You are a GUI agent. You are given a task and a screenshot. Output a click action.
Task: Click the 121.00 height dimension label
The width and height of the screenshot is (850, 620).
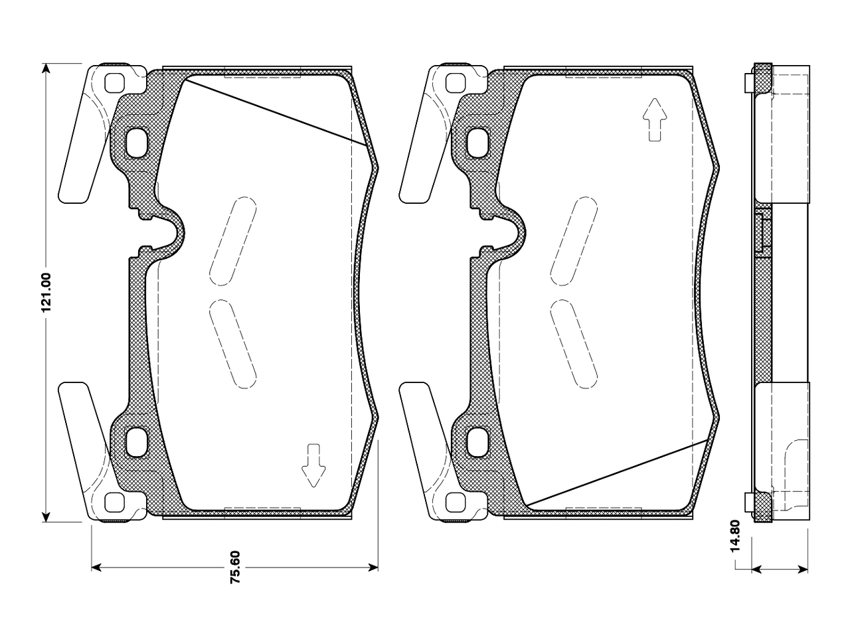46,293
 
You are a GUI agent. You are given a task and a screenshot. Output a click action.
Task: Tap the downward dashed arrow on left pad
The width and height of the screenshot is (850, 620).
313,465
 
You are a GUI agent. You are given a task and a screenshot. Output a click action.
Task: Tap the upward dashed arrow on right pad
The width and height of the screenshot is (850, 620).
655,119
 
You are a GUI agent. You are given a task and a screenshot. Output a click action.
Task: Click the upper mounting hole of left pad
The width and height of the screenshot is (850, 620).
136,143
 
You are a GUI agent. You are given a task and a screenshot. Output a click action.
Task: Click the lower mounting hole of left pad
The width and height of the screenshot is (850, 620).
136,442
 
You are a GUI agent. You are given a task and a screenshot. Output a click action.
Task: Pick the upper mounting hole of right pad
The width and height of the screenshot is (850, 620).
477,143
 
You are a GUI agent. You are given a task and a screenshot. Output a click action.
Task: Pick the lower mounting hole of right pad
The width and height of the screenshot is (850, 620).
477,442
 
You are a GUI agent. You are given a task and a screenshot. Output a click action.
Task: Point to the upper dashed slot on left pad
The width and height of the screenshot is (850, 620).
233,242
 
